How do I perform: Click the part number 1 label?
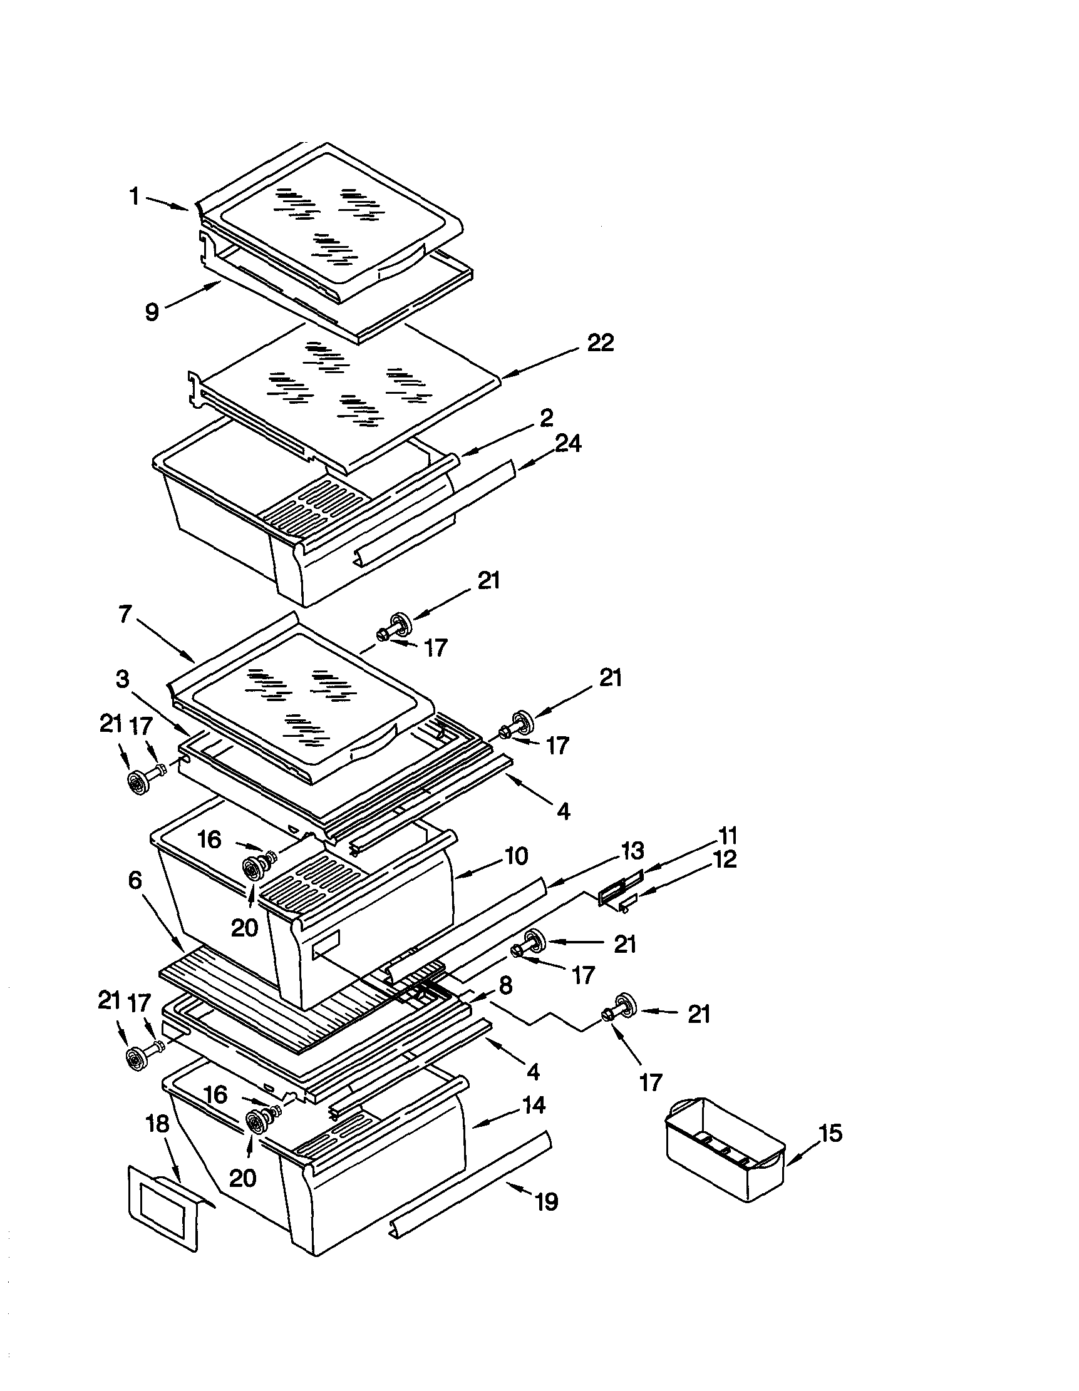[135, 197]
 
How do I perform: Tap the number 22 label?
[600, 343]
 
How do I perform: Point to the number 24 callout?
[567, 443]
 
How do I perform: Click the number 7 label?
[125, 614]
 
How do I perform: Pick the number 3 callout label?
[122, 679]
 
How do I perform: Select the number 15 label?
[830, 1133]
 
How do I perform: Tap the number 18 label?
[158, 1124]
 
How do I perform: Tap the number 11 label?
[728, 834]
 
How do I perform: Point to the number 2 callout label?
[546, 418]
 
